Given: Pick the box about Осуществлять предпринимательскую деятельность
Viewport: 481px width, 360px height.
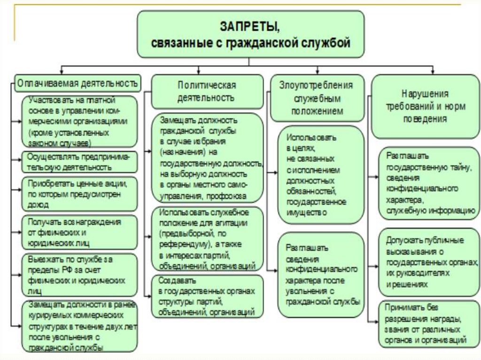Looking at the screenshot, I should coord(79,162).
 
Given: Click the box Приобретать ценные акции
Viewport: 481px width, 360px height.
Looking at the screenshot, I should coord(79,192).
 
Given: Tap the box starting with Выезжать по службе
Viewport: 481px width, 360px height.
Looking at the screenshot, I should coord(79,274).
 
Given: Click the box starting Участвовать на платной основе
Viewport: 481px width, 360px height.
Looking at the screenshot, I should coord(79,122).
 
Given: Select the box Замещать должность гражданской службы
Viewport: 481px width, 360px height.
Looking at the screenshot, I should coord(207,158).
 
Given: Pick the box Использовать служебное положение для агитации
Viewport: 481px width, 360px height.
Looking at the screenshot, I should coord(207,239).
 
